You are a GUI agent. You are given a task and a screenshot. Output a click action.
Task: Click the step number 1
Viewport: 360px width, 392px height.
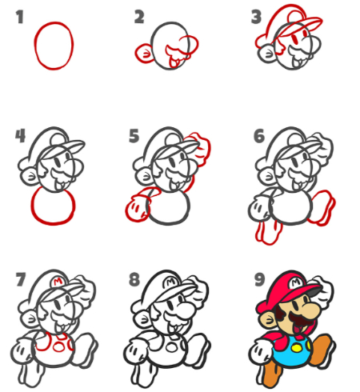19,17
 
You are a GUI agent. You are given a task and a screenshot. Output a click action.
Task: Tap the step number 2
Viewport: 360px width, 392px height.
139,17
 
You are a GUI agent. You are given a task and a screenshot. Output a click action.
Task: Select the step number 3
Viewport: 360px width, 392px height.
256,17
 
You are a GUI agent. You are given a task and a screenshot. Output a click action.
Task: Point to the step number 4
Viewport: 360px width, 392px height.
20,136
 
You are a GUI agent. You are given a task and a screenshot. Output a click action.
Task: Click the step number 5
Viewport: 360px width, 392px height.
134,136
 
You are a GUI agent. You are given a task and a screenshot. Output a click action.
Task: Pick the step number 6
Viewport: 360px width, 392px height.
259,136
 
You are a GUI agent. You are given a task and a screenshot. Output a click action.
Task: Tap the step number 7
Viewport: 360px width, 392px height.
21,279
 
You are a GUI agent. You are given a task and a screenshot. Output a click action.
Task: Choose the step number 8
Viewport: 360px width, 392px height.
134,279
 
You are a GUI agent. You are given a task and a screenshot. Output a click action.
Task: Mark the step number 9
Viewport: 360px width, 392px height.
259,279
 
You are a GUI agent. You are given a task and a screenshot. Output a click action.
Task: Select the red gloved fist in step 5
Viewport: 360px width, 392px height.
137,208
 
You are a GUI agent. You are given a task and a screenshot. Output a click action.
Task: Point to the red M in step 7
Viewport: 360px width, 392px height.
58,282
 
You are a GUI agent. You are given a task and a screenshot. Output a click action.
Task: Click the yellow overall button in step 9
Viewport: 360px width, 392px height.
296,348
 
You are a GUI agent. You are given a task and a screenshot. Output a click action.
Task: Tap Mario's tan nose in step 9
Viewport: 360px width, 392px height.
311,310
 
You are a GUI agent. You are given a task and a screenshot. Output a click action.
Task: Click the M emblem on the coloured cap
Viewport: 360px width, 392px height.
296,282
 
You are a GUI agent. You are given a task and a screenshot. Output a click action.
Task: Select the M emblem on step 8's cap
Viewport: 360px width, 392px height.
171,282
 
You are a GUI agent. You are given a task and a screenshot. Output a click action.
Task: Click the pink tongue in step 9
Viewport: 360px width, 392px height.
296,330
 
